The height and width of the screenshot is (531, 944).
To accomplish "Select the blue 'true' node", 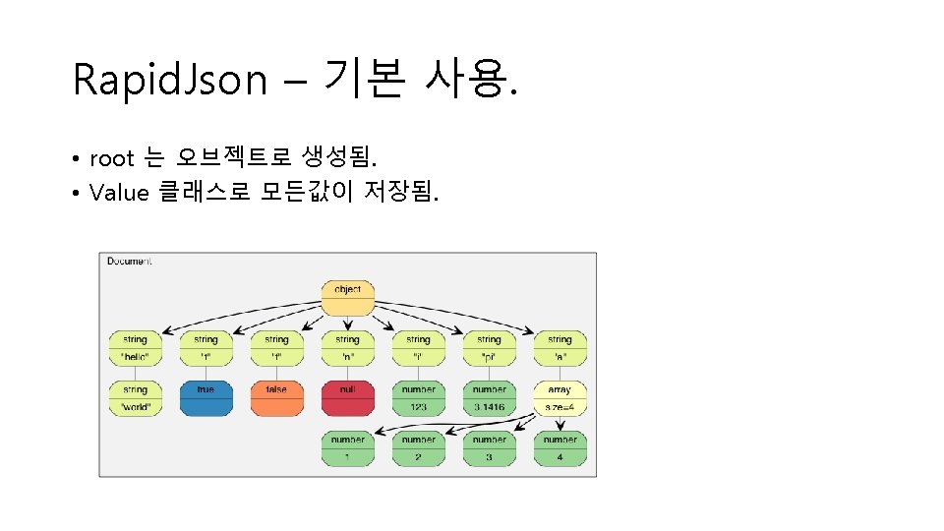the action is point(206,397).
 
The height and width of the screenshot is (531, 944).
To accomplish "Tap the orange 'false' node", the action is point(276,397).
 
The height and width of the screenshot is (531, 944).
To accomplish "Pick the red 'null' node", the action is point(347,397).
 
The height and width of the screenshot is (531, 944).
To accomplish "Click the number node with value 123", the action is point(418,397).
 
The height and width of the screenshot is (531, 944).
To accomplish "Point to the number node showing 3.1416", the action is point(489,397).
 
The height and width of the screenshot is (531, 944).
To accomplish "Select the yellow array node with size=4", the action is point(560,397).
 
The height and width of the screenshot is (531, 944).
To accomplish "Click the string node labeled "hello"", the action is point(135,347).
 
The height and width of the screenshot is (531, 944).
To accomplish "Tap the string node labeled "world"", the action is point(135,397).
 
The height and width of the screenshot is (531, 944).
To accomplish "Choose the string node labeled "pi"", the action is point(489,347).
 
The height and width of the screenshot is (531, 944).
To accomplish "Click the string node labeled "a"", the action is point(560,347).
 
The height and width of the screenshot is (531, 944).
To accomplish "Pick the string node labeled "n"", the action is point(347,347).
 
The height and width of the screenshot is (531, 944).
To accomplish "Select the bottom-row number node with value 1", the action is point(347,447).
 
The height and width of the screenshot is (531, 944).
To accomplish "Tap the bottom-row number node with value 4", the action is point(560,447).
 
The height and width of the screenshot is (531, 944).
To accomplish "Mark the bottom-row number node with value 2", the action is point(418,447).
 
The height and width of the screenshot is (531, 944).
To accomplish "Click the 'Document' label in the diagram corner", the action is point(129,262).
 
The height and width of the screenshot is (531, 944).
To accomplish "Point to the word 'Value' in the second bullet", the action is point(118,192).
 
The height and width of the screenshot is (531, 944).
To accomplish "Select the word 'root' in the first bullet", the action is point(111,158).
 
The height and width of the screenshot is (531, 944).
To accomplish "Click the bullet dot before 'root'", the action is point(75,159).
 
